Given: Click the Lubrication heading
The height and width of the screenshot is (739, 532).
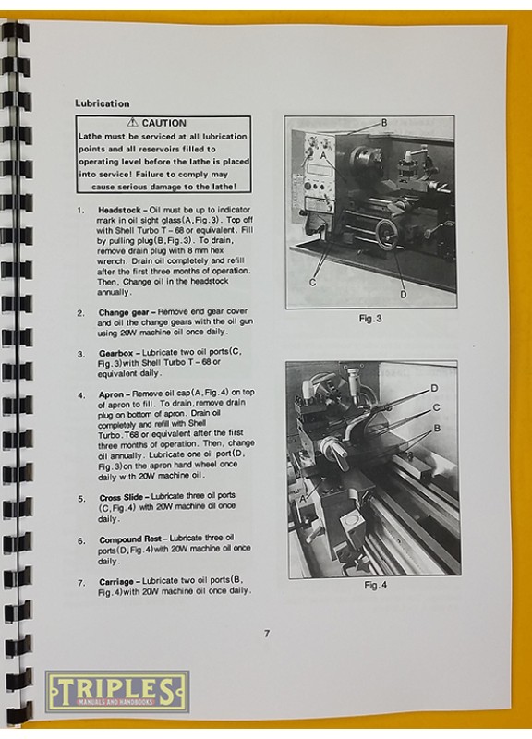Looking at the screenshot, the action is (102, 103).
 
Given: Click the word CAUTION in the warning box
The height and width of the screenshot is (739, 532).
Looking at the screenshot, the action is (164, 124).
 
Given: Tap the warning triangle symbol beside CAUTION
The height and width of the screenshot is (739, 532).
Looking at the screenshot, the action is (133, 123).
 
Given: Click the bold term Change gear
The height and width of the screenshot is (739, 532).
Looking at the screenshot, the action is (124, 312).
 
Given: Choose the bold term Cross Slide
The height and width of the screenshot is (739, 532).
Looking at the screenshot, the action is (121, 498).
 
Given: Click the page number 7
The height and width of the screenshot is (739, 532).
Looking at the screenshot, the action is (267, 634).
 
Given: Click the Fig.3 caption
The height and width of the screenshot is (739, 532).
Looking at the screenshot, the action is (370, 319).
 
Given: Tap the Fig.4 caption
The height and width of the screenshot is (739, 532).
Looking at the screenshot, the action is (376, 585).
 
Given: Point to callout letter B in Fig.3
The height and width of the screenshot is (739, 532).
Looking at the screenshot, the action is (384, 123).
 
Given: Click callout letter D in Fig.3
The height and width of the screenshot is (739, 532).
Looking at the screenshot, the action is (404, 295).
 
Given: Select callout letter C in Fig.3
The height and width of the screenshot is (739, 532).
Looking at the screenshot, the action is (312, 283).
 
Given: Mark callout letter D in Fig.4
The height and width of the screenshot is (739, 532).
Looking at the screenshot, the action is (434, 388).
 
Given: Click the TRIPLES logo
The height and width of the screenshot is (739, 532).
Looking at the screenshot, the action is (117, 691).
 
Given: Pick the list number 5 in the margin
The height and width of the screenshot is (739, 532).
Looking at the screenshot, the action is (81, 499).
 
